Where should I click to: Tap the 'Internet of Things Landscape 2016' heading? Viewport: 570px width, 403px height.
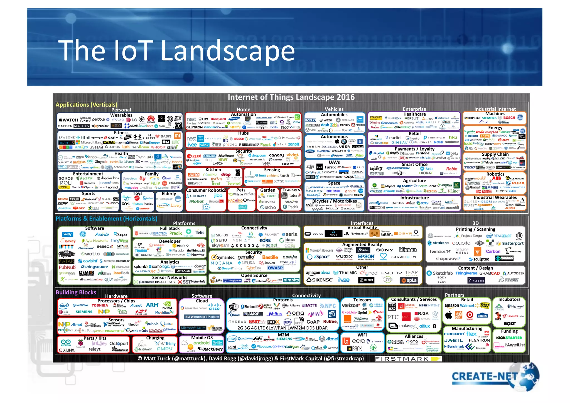pos(291,97)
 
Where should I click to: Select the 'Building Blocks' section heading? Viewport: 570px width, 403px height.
pos(76,292)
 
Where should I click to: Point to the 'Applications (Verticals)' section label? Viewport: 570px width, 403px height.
pos(86,105)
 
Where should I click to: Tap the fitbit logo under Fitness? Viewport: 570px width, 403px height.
pos(85,138)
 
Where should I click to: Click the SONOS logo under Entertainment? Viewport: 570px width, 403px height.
pos(66,178)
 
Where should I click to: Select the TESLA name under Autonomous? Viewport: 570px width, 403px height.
pos(313,146)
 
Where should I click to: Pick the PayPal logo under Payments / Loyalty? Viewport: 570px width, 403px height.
pos(377,153)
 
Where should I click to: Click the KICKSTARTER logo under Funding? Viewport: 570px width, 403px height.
pos(509,338)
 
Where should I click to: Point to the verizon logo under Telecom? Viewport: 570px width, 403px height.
pos(350,306)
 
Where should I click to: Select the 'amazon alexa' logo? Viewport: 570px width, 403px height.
pos(318,273)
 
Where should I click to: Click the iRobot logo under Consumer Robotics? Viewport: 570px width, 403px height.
pos(196,201)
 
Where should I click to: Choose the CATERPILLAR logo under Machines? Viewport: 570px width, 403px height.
pos(472,118)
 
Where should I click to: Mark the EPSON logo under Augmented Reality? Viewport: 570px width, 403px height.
pos(366,257)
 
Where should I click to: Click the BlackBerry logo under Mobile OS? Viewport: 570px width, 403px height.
pos(210,349)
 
